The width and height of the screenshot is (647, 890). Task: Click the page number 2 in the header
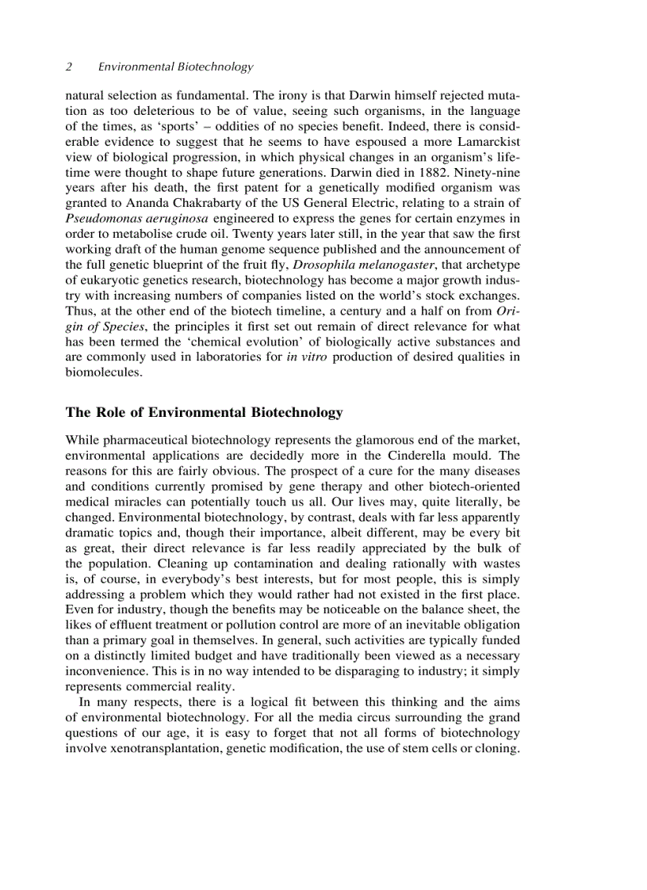(x=69, y=67)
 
